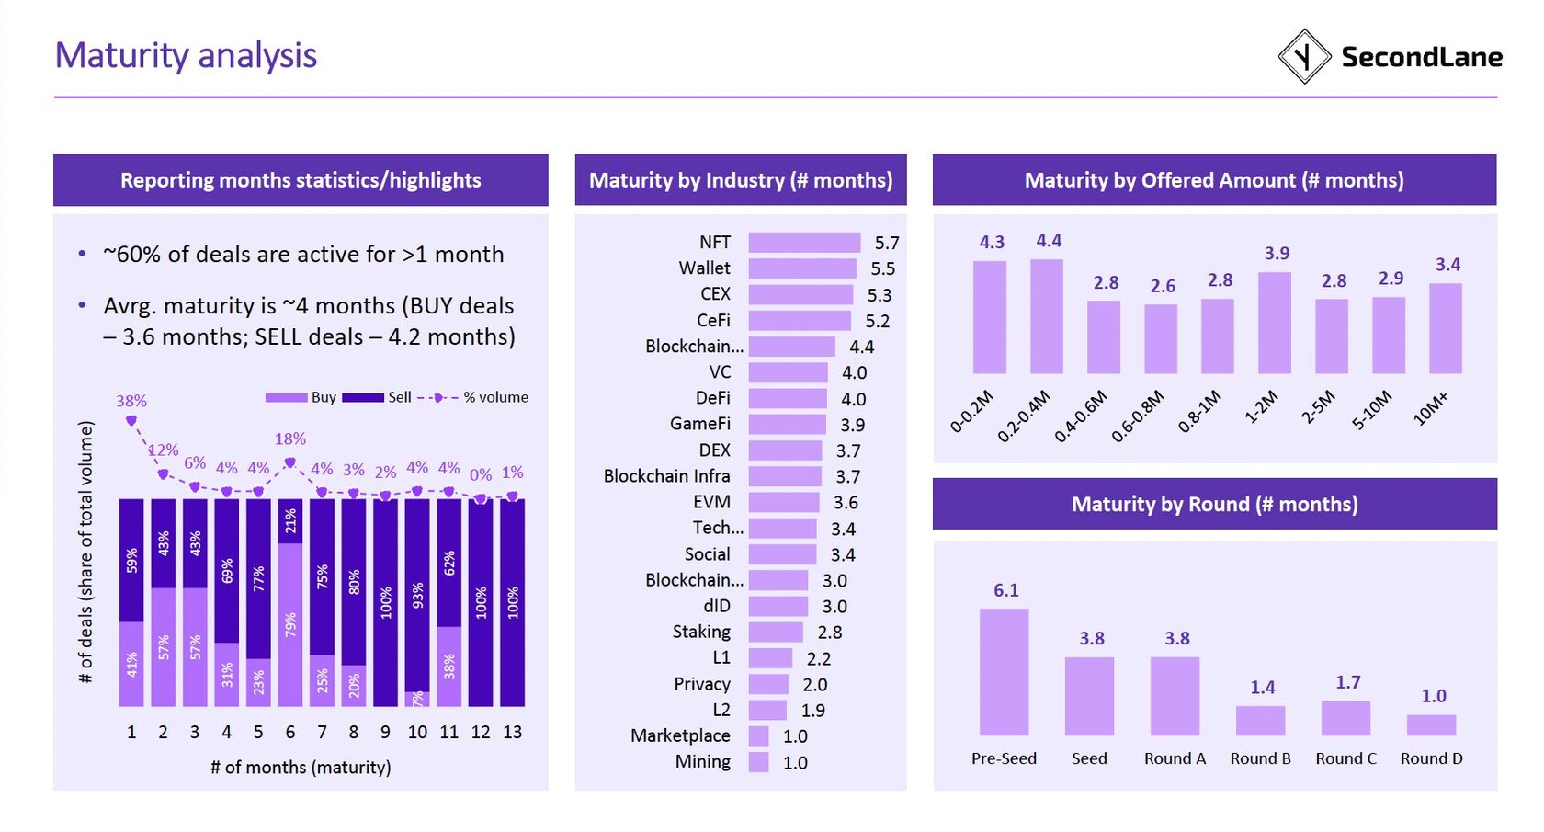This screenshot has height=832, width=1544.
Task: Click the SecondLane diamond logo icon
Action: pyautogui.click(x=1304, y=57)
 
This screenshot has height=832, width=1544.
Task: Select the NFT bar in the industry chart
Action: pyautogui.click(x=804, y=243)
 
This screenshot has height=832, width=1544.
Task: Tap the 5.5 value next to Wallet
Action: pyautogui.click(x=882, y=268)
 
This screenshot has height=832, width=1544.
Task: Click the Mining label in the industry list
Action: pyautogui.click(x=703, y=762)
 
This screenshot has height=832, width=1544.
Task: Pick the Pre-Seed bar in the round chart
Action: pyautogui.click(x=1004, y=672)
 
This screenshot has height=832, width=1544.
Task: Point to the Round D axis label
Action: pyautogui.click(x=1431, y=758)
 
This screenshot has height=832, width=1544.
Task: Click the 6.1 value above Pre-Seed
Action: pyautogui.click(x=1005, y=590)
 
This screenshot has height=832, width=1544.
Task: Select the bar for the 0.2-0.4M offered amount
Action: pyautogui.click(x=1047, y=316)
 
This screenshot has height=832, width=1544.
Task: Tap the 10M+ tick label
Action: pyautogui.click(x=1430, y=408)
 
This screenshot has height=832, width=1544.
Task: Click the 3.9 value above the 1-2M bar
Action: pyautogui.click(x=1277, y=253)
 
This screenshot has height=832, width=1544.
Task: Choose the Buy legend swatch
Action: pyautogui.click(x=286, y=397)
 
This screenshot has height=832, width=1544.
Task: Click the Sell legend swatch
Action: pyautogui.click(x=362, y=397)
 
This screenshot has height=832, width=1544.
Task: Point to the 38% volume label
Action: pyautogui.click(x=131, y=401)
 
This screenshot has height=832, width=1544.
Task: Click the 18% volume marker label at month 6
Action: pyautogui.click(x=290, y=439)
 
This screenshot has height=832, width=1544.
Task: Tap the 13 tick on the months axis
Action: pyautogui.click(x=512, y=732)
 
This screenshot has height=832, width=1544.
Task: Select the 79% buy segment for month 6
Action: pyautogui.click(x=290, y=625)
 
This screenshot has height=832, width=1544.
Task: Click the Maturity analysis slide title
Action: pyautogui.click(x=186, y=55)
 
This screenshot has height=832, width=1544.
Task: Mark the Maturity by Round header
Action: pyautogui.click(x=1214, y=504)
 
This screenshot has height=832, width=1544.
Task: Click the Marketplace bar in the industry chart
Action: pyautogui.click(x=758, y=736)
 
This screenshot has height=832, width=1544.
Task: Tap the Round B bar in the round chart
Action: pyautogui.click(x=1260, y=721)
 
